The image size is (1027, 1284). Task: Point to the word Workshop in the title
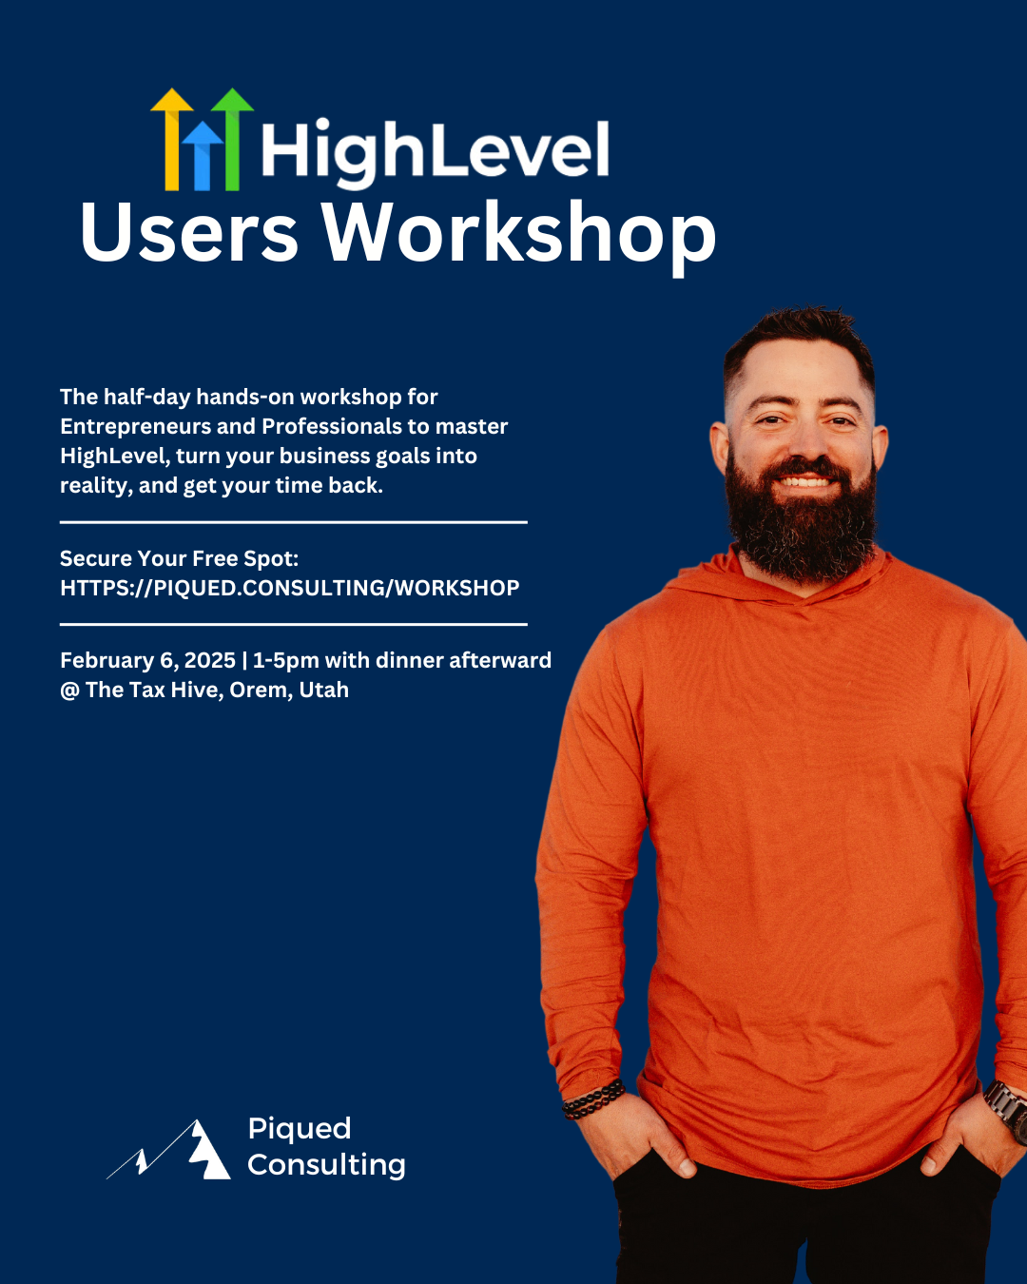518,233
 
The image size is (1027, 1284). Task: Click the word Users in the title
189,233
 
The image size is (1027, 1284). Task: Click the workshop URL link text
289,588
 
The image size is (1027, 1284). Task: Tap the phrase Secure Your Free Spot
179,558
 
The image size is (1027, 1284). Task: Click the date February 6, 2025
147,660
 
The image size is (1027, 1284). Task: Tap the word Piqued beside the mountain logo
300,1129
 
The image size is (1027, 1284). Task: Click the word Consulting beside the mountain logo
326,1164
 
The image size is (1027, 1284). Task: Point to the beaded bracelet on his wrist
593,1099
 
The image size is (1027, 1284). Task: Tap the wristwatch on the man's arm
1007,1109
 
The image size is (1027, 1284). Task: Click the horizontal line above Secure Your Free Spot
293,522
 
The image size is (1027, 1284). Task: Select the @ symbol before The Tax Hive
69,691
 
